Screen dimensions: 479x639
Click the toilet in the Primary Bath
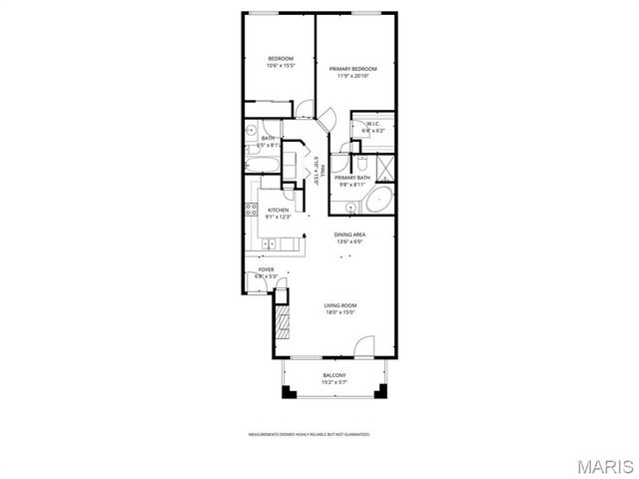click(362, 163)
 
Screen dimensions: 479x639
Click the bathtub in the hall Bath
click(262, 164)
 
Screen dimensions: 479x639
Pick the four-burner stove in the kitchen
click(251, 210)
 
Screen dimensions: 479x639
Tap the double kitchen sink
click(269, 243)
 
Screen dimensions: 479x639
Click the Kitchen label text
click(279, 210)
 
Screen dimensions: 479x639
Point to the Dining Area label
click(350, 235)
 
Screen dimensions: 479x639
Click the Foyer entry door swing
click(254, 281)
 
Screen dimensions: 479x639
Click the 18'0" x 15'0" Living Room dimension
click(339, 312)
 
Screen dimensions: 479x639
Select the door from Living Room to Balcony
click(362, 349)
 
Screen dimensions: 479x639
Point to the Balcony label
click(333, 375)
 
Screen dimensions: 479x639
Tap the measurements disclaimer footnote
click(309, 435)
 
